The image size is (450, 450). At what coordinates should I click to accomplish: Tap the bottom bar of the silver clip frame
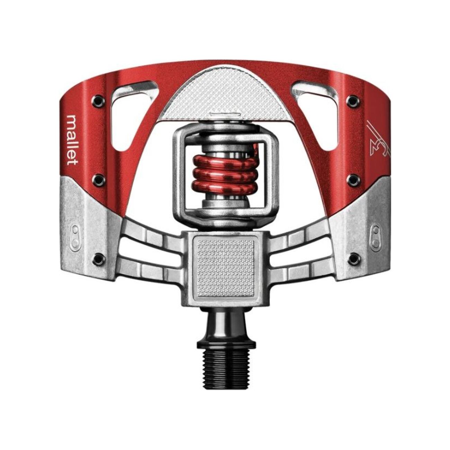click(x=225, y=216)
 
